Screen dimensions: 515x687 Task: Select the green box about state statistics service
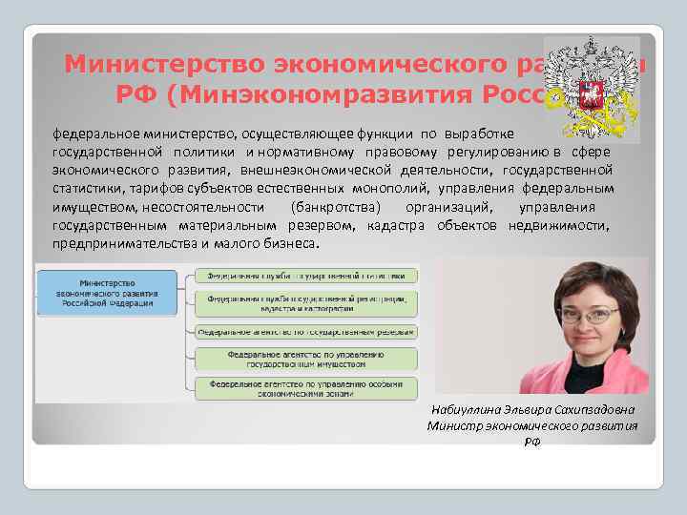306,276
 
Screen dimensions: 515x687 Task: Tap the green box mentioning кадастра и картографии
306,303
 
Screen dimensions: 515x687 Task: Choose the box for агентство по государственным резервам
306,332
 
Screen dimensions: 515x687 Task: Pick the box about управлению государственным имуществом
306,359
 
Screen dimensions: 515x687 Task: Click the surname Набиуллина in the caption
459,409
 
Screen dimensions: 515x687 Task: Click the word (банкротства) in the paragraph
337,207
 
